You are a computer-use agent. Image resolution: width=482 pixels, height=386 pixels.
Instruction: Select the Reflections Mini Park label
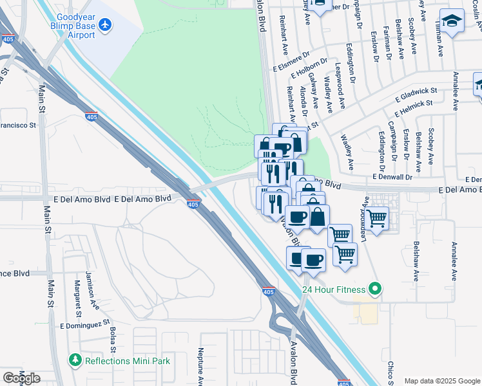click(128, 361)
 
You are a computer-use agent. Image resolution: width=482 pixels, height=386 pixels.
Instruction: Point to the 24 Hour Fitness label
click(334, 289)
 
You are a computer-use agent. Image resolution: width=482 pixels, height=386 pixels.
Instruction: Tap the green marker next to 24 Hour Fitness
click(374, 289)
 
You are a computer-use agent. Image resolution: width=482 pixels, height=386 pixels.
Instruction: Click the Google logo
click(21, 378)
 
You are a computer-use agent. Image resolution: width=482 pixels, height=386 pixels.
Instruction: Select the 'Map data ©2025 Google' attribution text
click(442, 381)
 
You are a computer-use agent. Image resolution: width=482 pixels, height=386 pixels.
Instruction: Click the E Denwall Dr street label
click(391, 177)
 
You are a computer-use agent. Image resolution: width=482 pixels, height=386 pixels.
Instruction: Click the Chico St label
click(390, 372)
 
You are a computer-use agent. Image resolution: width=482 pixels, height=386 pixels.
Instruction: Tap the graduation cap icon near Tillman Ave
click(452, 22)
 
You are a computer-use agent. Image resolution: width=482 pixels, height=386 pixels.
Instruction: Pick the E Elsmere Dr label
click(291, 66)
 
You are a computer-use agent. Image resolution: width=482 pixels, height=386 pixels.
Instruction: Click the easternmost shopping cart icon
click(377, 218)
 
